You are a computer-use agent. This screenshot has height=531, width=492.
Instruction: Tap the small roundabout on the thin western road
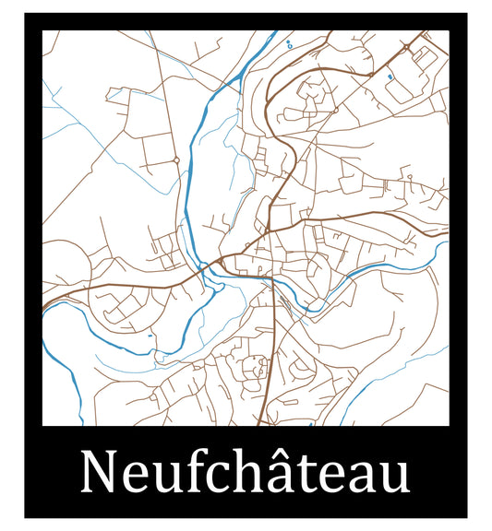[175, 159]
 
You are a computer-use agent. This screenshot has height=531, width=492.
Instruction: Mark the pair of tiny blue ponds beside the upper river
[290, 43]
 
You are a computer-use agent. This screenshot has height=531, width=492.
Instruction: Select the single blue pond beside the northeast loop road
[390, 77]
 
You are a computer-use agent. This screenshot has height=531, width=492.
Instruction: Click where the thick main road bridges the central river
[205, 269]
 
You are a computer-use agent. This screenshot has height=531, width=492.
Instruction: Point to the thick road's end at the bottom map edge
[261, 423]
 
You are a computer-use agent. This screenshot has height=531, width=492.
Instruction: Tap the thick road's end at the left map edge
[44, 305]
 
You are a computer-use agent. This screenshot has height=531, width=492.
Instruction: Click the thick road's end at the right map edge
[447, 235]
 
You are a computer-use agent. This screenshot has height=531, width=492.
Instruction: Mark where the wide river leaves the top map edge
[274, 32]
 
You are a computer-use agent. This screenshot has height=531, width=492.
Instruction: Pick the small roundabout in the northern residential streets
[336, 109]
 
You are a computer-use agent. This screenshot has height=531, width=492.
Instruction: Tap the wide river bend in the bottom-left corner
[65, 364]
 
